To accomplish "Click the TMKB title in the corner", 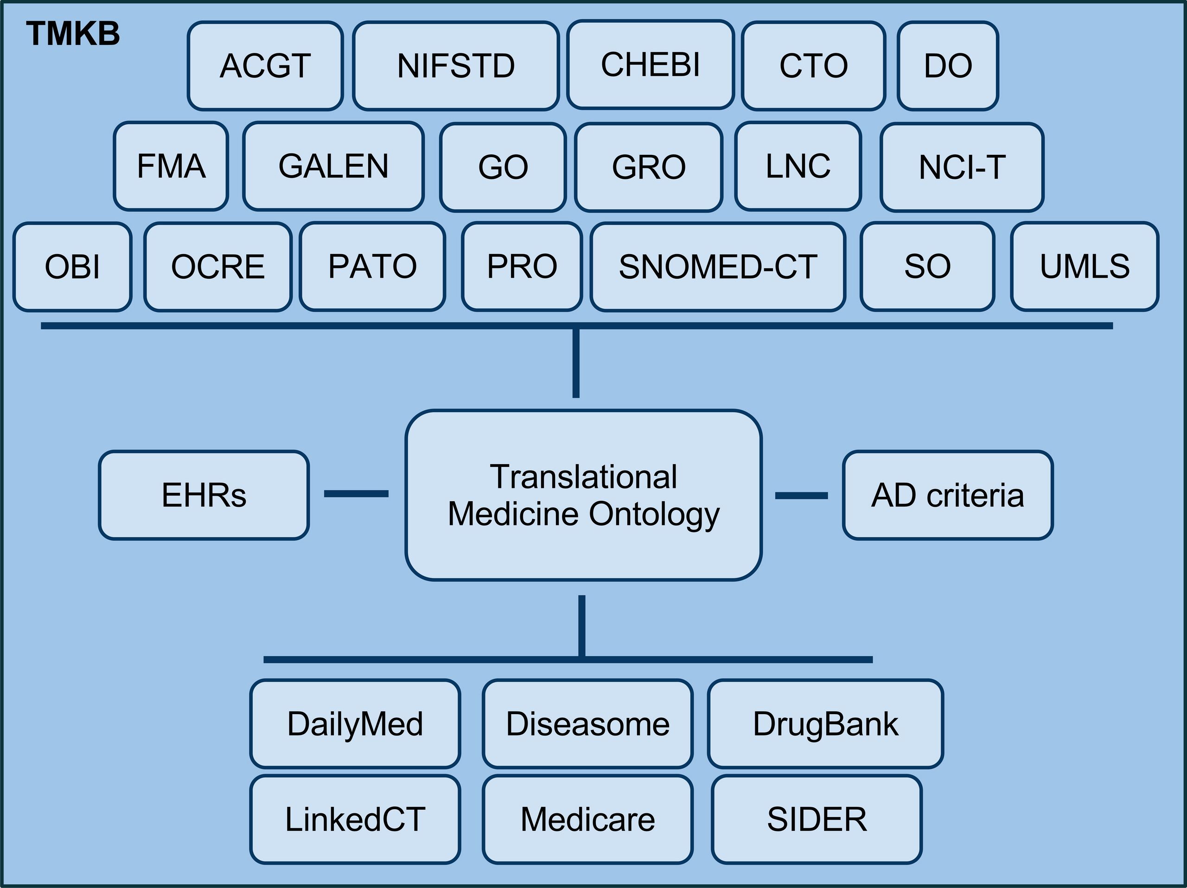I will (73, 34).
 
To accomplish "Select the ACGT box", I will (265, 66).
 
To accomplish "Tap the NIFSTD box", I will (456, 66).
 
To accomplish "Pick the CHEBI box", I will (651, 65).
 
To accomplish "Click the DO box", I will (948, 66).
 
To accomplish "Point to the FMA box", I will (171, 166).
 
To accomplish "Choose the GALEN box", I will (333, 166).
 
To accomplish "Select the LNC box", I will (798, 166).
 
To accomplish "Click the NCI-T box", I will (962, 167).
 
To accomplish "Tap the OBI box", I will (72, 267).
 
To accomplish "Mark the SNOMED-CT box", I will (718, 267).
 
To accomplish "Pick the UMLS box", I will (1085, 267).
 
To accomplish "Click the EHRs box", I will (204, 495).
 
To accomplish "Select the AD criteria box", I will (948, 495).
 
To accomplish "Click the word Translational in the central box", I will (583, 477).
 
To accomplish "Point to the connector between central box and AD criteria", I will (801, 496).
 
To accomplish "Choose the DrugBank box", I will (825, 724).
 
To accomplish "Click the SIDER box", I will (817, 819).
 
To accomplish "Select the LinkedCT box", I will (355, 819).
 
